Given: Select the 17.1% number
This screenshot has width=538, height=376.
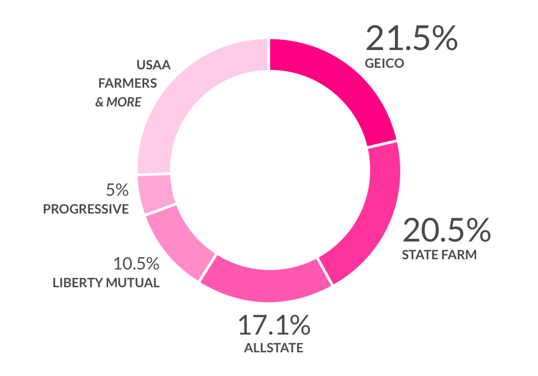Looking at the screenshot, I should click(274, 325).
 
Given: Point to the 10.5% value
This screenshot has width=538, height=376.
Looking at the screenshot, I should click(136, 264).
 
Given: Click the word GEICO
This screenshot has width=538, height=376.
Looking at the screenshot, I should click(384, 63).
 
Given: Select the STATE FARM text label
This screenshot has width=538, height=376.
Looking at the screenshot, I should click(439, 254).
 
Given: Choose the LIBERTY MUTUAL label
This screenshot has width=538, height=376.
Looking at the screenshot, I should click(106, 283).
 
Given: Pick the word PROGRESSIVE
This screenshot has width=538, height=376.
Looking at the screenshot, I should click(86, 209).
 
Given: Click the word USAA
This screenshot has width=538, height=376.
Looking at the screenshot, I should click(153, 66).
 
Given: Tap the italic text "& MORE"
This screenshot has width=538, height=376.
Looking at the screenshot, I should click(118, 102).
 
